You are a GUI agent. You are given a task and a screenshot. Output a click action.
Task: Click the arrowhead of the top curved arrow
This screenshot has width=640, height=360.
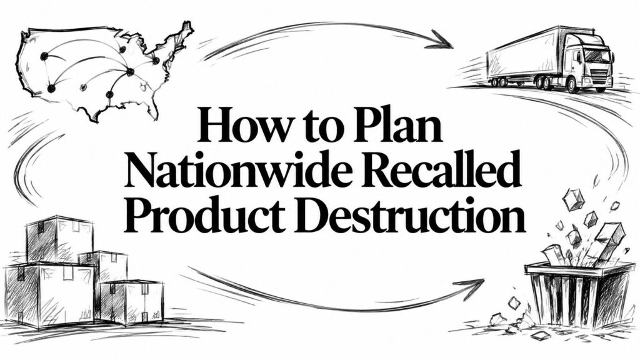pyautogui.click(x=441, y=39)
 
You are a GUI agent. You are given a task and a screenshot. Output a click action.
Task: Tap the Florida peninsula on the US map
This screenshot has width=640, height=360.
pyautogui.click(x=153, y=107)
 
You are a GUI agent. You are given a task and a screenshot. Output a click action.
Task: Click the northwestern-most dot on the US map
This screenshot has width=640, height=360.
pyautogui.click(x=43, y=56)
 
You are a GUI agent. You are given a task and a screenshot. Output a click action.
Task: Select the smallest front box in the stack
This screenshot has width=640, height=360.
pyautogui.click(x=131, y=302)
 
